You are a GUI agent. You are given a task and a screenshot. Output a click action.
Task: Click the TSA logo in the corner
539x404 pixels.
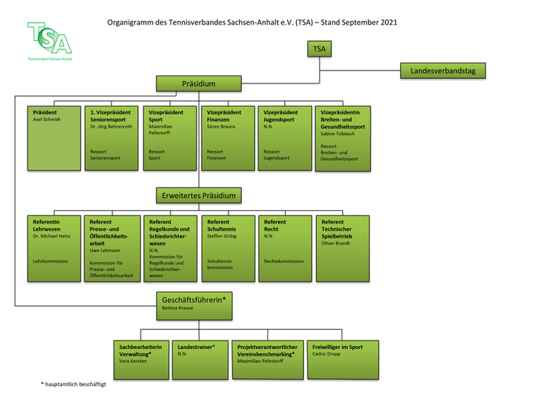point(49,40)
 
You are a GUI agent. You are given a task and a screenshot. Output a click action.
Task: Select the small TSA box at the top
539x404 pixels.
point(319,49)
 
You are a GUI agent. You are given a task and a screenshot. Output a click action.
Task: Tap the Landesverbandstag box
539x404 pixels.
point(442,71)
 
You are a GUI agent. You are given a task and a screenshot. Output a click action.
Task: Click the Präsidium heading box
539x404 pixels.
point(198,84)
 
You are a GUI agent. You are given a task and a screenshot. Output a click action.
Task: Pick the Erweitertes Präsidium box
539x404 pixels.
point(198,195)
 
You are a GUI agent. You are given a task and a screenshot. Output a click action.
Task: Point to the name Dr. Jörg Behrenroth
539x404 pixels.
point(111,127)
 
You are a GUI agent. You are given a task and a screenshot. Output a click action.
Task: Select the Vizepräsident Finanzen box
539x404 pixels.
point(226,137)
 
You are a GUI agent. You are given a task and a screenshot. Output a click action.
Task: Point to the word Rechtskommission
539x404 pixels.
point(284,261)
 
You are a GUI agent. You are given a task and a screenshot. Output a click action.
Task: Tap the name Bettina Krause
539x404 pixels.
point(177,308)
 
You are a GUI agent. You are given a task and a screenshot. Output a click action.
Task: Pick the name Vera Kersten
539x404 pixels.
point(134,360)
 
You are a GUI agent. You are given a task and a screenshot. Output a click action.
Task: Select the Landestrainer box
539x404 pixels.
point(198,358)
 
